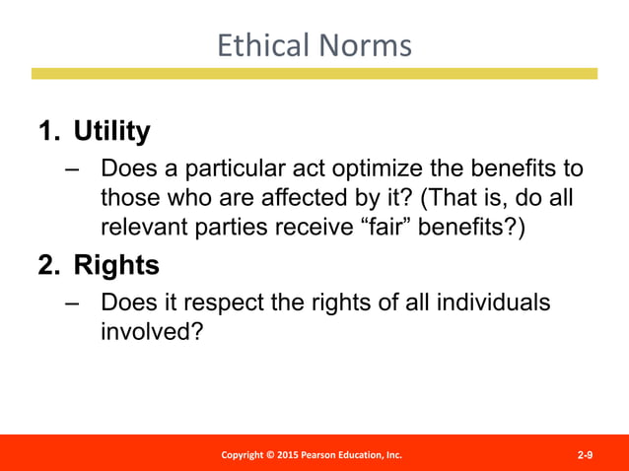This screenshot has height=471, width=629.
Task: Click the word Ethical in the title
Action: point(257,45)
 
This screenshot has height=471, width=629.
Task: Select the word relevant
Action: point(143,227)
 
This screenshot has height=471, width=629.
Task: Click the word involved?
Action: point(151,331)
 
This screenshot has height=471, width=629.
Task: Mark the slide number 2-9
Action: point(585,454)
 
